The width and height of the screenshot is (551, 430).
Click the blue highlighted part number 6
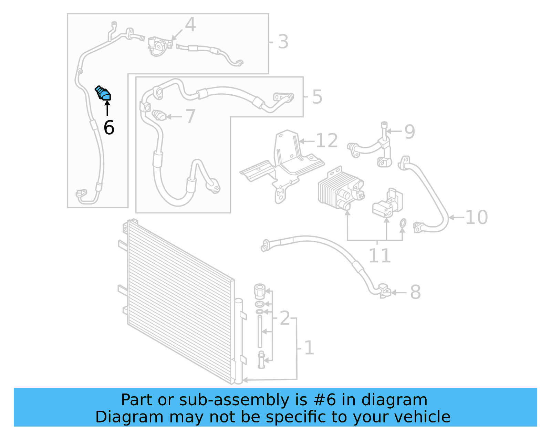point(103,93)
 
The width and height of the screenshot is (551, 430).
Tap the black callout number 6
point(109,128)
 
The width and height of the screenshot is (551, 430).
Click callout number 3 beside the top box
point(283,42)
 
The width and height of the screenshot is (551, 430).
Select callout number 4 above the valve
point(190,25)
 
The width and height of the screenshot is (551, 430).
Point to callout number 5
point(317,97)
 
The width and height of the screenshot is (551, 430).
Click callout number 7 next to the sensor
point(190,116)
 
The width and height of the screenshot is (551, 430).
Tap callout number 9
point(409,132)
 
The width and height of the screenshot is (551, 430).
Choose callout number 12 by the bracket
point(326,141)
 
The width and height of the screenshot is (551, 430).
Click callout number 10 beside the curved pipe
point(476,217)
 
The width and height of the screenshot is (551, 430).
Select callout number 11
point(380,255)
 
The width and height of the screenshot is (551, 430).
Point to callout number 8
point(415,292)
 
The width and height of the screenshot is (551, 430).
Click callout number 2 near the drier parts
point(285,318)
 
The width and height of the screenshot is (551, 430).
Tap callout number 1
point(309,348)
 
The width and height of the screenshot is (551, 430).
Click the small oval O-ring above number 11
point(403,224)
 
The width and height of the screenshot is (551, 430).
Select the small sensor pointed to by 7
point(159,115)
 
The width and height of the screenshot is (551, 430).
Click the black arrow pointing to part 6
point(107,108)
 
